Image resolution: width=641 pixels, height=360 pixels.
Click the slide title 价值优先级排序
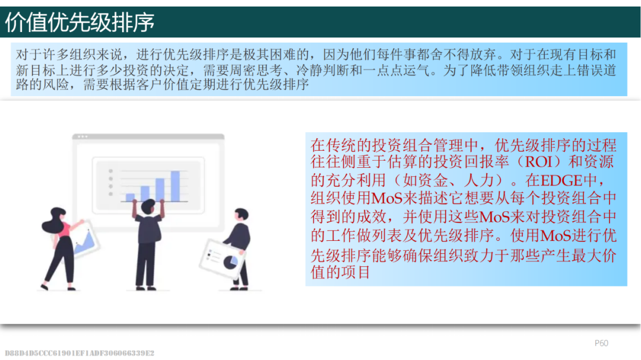click(80, 22)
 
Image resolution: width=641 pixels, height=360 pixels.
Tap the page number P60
click(601, 343)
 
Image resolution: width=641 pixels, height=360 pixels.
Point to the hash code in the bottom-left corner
click(80, 353)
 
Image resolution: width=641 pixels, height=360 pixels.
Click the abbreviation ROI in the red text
click(539, 163)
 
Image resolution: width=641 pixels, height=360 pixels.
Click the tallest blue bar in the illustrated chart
click(175, 186)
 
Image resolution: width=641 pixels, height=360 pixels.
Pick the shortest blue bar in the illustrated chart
click(130, 197)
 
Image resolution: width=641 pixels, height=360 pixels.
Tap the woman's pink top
click(65, 230)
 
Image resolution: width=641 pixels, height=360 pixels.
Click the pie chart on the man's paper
click(230, 262)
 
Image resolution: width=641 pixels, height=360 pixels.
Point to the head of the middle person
click(148, 206)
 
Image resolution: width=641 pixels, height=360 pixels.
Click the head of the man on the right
click(241, 215)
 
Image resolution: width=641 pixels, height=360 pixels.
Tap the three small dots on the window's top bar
click(82, 136)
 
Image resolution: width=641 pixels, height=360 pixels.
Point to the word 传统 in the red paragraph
click(341, 145)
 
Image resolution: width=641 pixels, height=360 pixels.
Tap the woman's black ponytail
click(50, 225)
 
